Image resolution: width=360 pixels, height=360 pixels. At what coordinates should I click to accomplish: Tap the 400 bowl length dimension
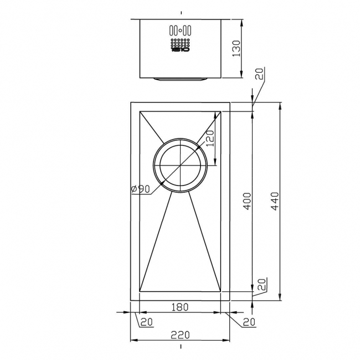click(247, 202)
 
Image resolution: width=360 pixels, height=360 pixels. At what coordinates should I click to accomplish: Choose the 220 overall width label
click(181, 335)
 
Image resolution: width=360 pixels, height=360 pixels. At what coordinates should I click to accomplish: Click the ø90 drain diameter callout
click(141, 189)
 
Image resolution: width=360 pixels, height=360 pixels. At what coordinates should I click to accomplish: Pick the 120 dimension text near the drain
click(210, 137)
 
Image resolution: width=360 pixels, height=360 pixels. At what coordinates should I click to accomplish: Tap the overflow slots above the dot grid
click(181, 30)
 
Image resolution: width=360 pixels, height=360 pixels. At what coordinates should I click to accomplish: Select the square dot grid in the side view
click(181, 42)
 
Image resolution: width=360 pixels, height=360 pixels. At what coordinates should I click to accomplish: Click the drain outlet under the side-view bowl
click(181, 79)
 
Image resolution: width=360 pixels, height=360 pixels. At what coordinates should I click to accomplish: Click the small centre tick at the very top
click(181, 12)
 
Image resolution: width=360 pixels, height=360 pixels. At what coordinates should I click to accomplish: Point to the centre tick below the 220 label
click(181, 347)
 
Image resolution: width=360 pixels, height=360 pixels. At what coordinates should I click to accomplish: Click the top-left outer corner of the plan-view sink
click(131, 102)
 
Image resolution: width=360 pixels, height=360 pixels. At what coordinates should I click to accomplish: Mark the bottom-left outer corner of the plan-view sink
click(131, 301)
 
